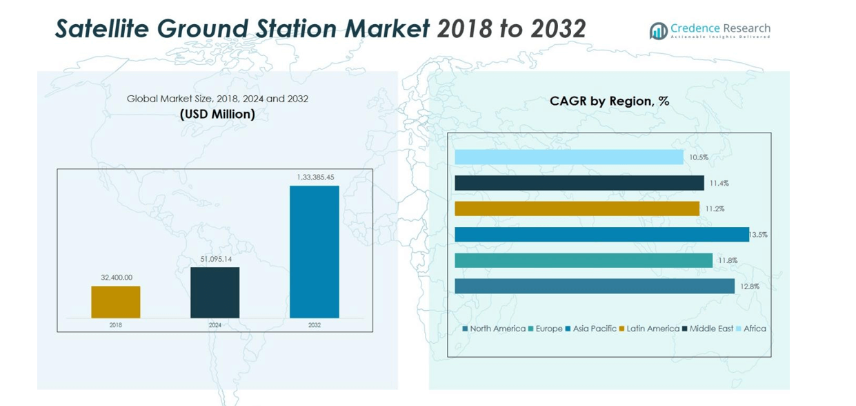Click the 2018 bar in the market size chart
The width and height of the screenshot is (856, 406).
pos(116,302)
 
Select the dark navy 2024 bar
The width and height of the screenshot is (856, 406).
pos(215,292)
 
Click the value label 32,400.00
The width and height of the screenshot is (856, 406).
pos(116,278)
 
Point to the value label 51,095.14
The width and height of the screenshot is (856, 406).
pos(215,259)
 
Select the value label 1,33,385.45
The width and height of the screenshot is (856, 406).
pos(315,177)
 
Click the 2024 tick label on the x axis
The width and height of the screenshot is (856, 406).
pos(215,325)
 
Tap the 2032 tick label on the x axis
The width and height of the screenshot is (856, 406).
pos(314,325)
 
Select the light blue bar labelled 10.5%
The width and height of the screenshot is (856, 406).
pos(569,157)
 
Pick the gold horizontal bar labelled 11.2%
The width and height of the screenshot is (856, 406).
pos(577,209)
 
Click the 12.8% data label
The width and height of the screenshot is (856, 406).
pos(749,287)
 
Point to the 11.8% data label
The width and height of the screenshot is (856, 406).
pos(727,261)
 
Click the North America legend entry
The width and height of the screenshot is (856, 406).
pos(494,329)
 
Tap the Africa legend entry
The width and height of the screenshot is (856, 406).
pos(751,329)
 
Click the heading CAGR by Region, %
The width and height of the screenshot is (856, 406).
pos(609,101)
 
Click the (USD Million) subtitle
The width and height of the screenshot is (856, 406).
pos(217,115)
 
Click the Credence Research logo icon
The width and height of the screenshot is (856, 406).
pos(658,30)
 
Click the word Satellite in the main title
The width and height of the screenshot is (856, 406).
pos(103,28)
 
